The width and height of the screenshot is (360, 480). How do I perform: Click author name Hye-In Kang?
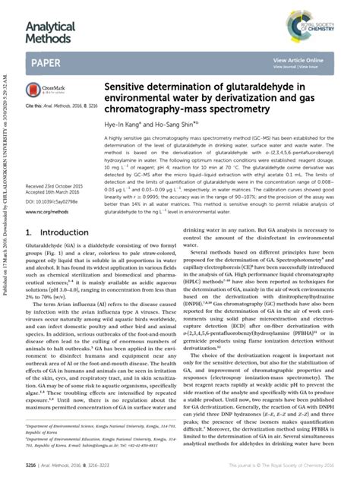coord(138,128)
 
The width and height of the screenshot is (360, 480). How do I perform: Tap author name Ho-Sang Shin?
coord(185,128)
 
